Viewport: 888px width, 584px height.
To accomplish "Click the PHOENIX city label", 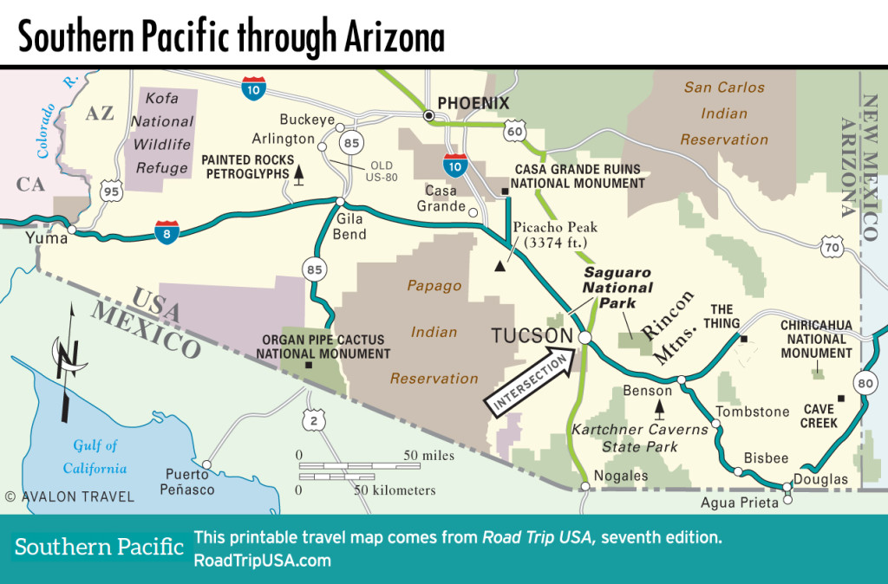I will [473, 104].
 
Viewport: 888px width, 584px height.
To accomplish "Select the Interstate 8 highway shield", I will [168, 230].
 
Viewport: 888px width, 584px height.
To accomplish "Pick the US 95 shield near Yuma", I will [110, 191].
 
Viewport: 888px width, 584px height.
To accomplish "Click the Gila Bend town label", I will [350, 228].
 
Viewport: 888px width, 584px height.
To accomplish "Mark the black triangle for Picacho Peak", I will [499, 267].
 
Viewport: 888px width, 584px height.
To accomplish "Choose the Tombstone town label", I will [752, 412].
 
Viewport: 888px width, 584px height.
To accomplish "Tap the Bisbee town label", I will [766, 458].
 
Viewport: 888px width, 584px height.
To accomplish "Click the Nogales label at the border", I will [621, 476].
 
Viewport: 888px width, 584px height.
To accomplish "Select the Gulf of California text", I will [95, 457].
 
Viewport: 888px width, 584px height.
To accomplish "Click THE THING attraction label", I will [721, 316].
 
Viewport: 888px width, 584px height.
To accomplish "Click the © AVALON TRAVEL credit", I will [69, 496].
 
